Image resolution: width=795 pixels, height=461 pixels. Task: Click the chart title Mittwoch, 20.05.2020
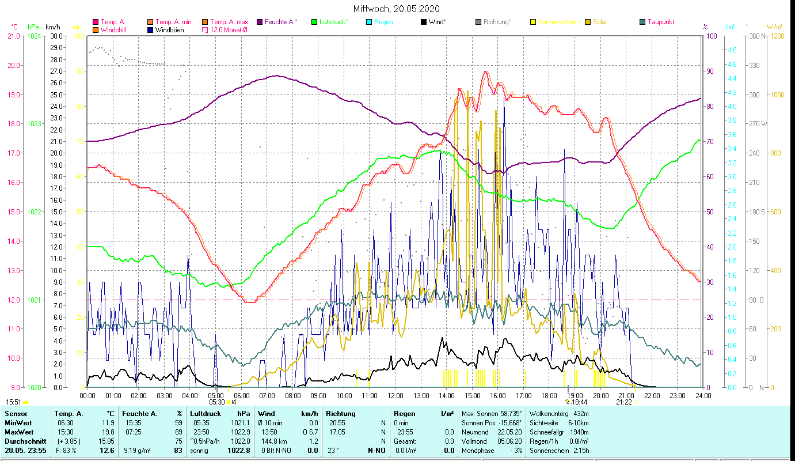[397, 9]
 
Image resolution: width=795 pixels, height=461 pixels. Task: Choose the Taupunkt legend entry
[660, 22]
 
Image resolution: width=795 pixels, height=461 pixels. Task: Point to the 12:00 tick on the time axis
[395, 395]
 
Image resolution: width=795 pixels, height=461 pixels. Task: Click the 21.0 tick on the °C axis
[14, 36]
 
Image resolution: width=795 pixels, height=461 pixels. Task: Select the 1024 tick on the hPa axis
[34, 36]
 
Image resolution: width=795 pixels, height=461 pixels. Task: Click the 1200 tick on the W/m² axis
[781, 36]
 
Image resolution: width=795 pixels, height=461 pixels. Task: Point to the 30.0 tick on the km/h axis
[56, 36]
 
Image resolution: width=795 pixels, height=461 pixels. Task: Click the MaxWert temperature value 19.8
[108, 432]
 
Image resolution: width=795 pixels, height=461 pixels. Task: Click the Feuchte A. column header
[138, 413]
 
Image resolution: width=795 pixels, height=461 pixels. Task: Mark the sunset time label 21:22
[624, 402]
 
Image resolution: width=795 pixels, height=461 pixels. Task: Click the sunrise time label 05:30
[217, 402]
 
